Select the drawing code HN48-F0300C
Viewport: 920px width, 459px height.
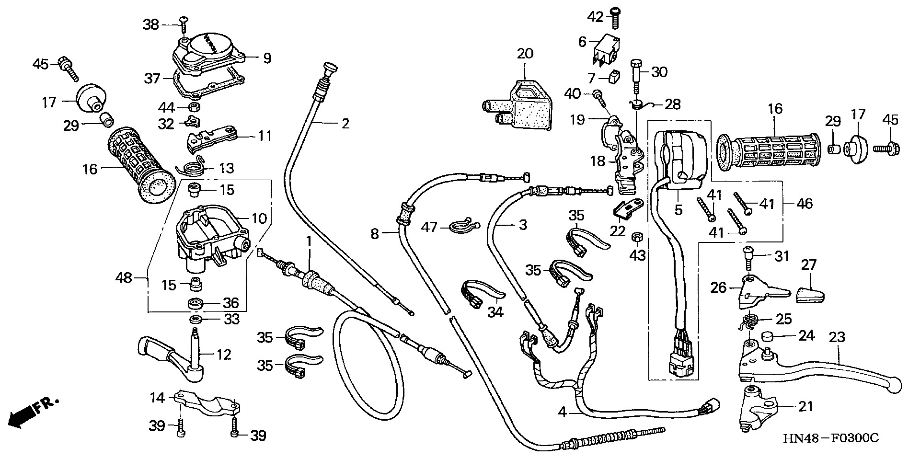(831, 438)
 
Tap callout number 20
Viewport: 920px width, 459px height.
(525, 54)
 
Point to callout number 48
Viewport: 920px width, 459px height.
(124, 277)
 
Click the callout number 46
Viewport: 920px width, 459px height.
(805, 204)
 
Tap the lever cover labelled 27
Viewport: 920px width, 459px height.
(811, 293)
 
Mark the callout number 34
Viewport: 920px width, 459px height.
(495, 312)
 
